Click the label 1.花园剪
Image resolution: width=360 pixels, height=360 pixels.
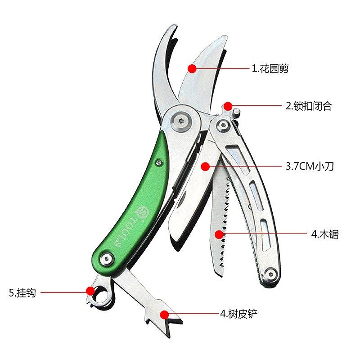click(270, 69)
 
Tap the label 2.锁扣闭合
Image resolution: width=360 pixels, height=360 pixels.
click(309, 106)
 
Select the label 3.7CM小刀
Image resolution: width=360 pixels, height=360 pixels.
click(310, 166)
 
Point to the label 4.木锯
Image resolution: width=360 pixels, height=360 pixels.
click(325, 234)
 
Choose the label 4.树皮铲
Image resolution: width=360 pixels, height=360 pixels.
click(239, 314)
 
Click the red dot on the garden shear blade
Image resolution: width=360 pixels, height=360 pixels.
click(192, 69)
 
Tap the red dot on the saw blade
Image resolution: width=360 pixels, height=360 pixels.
click(219, 234)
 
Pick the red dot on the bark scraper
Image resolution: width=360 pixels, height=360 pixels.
click(165, 314)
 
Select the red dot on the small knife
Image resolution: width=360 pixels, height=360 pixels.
click(205, 166)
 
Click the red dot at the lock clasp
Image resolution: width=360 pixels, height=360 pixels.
click(228, 106)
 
